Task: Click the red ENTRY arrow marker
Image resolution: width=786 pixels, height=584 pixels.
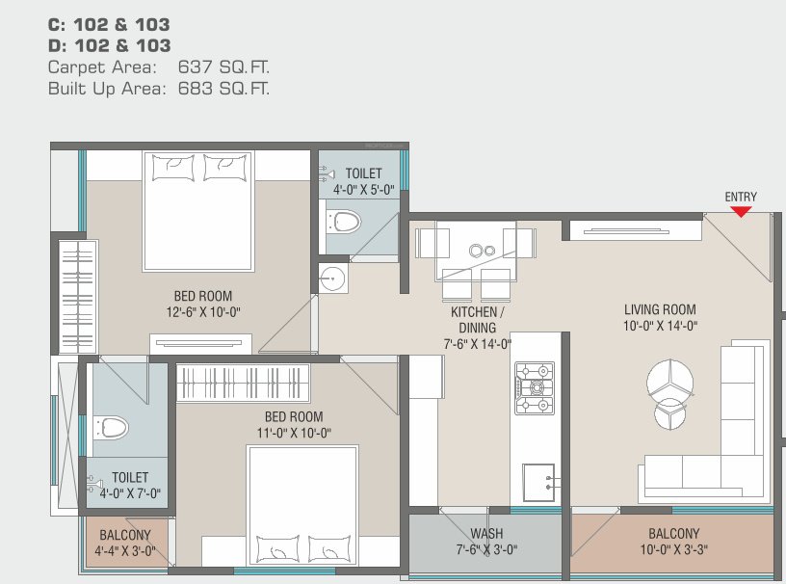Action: tap(741, 211)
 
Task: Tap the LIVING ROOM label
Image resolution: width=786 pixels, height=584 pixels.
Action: tap(660, 310)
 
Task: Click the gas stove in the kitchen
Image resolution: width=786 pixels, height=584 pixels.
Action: tap(534, 387)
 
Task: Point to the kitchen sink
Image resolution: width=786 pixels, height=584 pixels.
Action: tap(539, 481)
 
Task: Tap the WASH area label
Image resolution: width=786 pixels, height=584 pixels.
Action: tap(486, 534)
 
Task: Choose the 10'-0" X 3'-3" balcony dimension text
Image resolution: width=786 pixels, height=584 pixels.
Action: tap(673, 552)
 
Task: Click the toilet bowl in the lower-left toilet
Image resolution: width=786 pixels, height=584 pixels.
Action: tap(111, 426)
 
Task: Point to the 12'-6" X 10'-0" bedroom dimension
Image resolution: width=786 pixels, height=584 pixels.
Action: tap(202, 312)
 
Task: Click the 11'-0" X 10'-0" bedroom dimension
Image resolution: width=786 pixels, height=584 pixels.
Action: tap(293, 433)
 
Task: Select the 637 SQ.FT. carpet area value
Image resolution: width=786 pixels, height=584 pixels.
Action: tap(223, 67)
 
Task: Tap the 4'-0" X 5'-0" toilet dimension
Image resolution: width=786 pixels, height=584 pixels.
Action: tap(363, 190)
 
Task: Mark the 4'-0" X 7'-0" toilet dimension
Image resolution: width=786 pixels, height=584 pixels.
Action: tap(129, 493)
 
